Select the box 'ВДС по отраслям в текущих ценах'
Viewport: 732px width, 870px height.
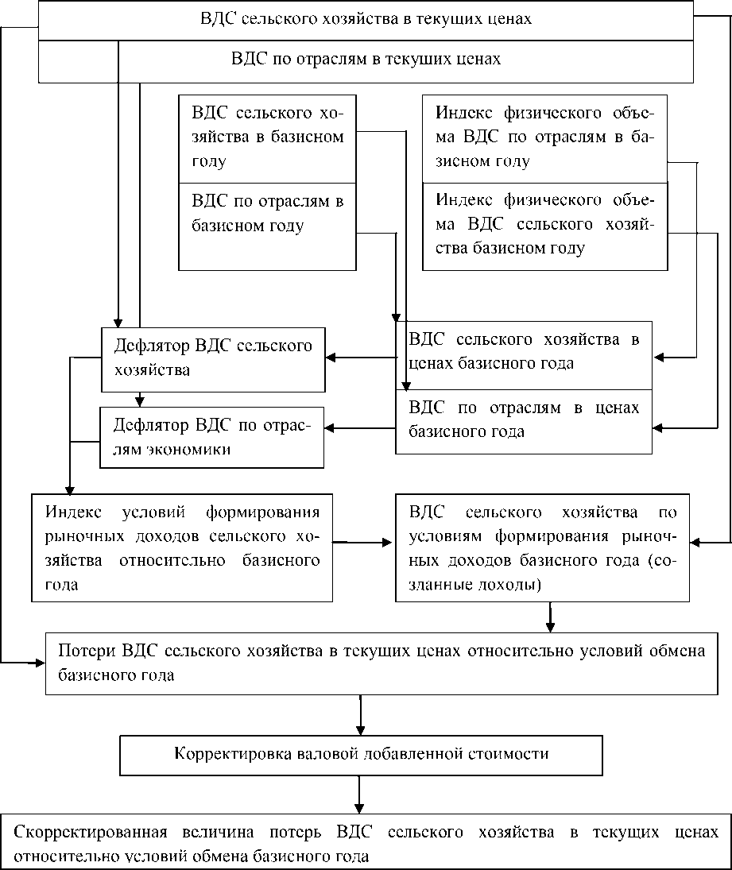pyautogui.click(x=366, y=60)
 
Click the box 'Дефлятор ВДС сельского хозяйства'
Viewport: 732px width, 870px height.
pyautogui.click(x=213, y=358)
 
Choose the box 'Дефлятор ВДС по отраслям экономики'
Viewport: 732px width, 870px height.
pyautogui.click(x=211, y=437)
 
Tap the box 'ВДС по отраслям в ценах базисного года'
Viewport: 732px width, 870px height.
pyautogui.click(x=524, y=420)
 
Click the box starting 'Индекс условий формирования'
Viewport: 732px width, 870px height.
pyautogui.click(x=182, y=547)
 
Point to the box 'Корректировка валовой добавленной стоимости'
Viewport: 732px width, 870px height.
pyautogui.click(x=361, y=754)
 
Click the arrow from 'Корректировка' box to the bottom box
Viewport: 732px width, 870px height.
pyautogui.click(x=361, y=793)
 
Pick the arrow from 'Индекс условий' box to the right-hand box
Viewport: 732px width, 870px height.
pyautogui.click(x=362, y=543)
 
